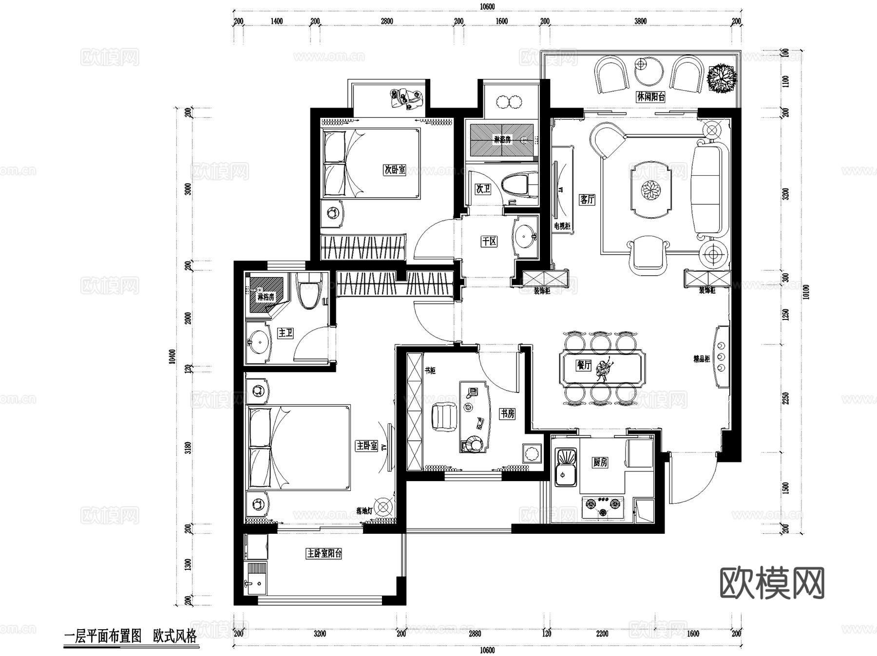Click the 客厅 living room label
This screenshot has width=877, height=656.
[587, 199]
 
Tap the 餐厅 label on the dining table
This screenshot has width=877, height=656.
[583, 365]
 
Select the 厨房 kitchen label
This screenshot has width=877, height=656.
[600, 462]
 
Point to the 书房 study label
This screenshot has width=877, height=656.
[507, 413]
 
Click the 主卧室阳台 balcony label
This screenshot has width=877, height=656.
[324, 553]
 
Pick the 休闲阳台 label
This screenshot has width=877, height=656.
[651, 96]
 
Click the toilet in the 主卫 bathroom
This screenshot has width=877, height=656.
[308, 290]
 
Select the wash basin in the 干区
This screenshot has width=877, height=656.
[525, 236]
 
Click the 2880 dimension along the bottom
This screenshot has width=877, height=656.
[475, 634]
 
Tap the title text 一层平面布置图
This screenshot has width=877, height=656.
[103, 636]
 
